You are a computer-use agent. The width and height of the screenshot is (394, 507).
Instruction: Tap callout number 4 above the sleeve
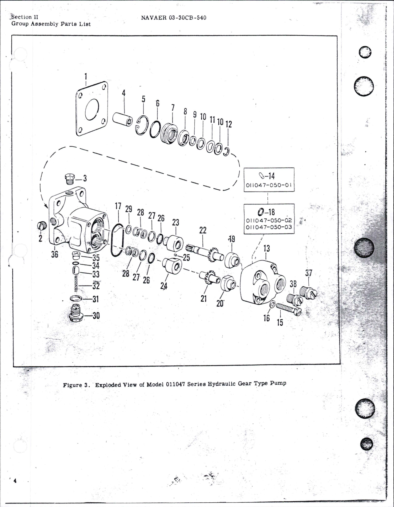124,93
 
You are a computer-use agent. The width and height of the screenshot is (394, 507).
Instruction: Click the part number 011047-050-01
269,186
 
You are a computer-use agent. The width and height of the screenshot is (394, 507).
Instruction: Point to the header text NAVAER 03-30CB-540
173,18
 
